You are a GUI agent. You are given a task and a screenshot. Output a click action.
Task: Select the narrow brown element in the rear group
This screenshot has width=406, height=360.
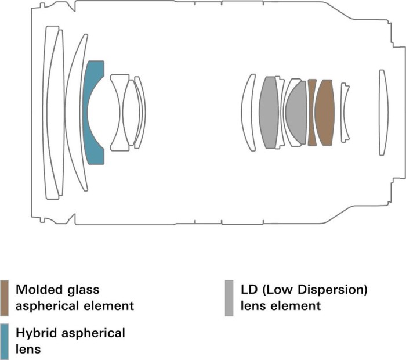point(312,112)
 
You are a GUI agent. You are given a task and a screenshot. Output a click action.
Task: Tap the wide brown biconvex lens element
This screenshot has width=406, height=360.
point(325,112)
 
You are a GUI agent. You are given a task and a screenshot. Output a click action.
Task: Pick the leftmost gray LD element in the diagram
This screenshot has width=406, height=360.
point(268,112)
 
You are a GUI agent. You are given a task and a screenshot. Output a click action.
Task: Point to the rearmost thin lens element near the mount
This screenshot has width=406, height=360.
point(382,112)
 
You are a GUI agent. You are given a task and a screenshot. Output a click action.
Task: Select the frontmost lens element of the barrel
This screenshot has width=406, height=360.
point(52,112)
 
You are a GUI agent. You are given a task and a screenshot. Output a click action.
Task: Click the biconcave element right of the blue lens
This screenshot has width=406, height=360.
point(119,112)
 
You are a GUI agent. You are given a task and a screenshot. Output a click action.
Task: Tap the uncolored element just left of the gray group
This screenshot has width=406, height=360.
point(248,112)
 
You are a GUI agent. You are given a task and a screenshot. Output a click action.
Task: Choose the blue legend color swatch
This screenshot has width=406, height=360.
point(5,340)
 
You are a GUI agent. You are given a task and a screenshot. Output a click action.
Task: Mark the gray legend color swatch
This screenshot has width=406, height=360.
point(229,297)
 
